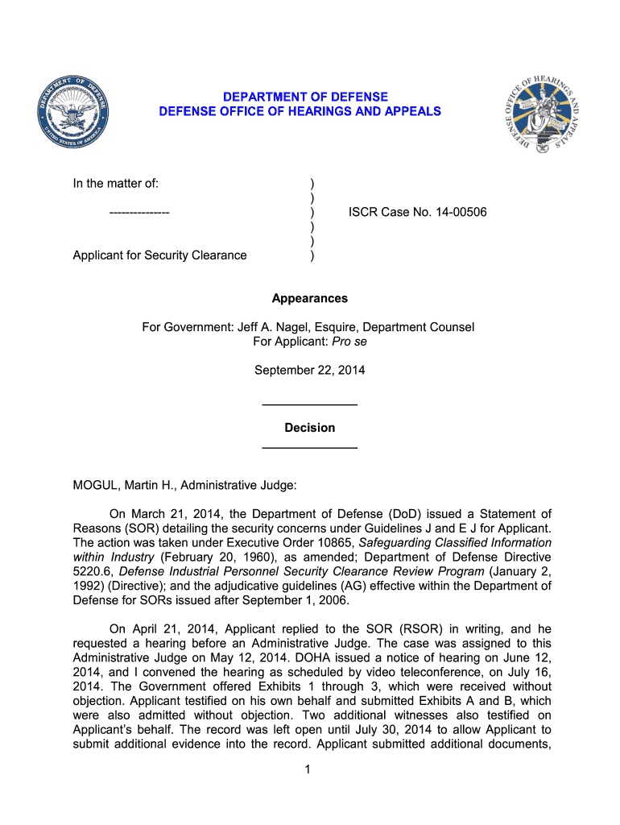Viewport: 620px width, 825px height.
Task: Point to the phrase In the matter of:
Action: pyautogui.click(x=116, y=184)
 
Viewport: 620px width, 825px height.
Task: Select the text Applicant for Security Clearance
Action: pyautogui.click(x=159, y=255)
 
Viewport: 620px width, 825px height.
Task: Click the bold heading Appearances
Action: pyautogui.click(x=310, y=298)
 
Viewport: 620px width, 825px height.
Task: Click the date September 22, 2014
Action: pyautogui.click(x=310, y=371)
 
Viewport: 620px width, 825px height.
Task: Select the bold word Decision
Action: pyautogui.click(x=310, y=428)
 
